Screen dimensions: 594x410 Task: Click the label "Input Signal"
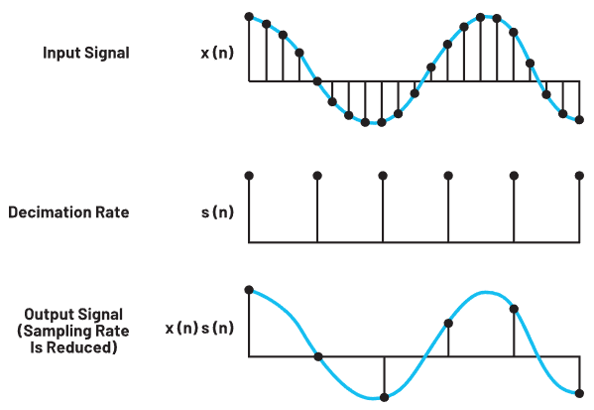(x=86, y=53)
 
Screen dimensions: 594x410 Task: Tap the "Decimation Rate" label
(x=68, y=212)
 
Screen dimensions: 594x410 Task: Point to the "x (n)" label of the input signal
(x=217, y=53)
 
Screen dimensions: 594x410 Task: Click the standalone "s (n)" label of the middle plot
(x=217, y=212)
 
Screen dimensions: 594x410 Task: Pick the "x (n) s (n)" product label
(x=199, y=328)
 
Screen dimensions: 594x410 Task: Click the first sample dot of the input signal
(x=249, y=17)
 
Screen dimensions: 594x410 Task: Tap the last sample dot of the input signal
(x=579, y=120)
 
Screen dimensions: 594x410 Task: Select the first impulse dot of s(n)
(x=249, y=176)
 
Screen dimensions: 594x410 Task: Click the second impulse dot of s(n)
(x=317, y=176)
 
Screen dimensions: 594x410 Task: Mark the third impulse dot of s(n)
(x=383, y=176)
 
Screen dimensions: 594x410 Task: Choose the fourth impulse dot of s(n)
(x=448, y=176)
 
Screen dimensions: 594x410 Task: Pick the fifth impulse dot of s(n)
(x=514, y=176)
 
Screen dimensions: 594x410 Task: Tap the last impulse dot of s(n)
(x=579, y=176)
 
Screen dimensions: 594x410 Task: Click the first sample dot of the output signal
(x=249, y=290)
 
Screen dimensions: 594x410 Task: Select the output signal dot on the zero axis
(x=318, y=356)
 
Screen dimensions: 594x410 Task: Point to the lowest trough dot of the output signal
(x=384, y=397)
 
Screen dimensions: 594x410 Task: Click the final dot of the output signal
(x=579, y=394)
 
